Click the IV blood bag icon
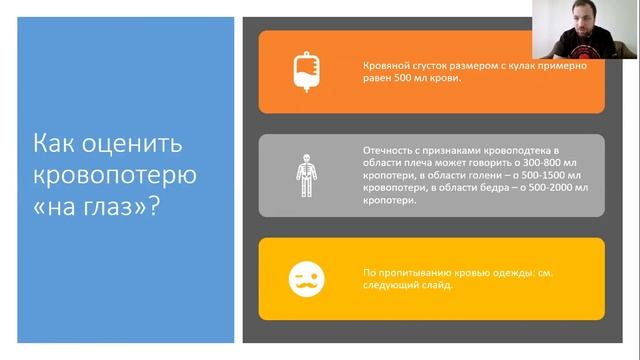click(306, 71)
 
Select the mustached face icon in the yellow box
click(306, 279)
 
